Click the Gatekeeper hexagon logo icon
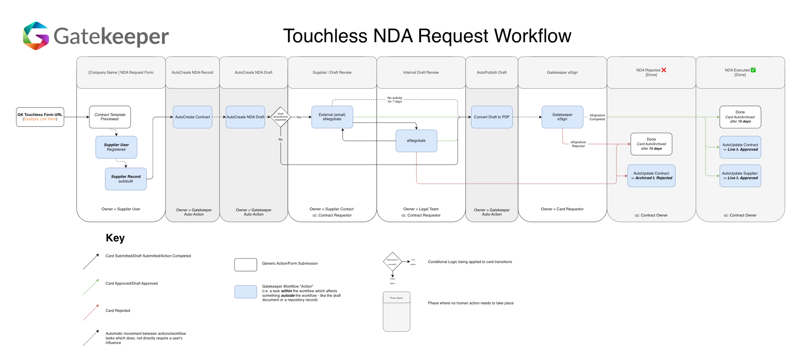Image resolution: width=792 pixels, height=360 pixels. pyautogui.click(x=36, y=36)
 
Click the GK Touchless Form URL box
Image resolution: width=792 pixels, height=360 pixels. pyautogui.click(x=40, y=117)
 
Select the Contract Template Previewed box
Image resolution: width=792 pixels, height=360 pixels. pyautogui.click(x=110, y=117)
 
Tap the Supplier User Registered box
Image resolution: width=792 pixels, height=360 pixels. pyautogui.click(x=116, y=147)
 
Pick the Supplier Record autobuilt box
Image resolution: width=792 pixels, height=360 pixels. pyautogui.click(x=125, y=179)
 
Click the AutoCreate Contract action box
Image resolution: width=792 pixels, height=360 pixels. pyautogui.click(x=193, y=117)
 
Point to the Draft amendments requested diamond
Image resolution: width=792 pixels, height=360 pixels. pyautogui.click(x=281, y=117)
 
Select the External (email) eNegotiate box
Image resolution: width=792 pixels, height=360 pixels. pyautogui.click(x=332, y=117)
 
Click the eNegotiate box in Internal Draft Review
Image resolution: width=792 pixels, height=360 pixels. pyautogui.click(x=416, y=141)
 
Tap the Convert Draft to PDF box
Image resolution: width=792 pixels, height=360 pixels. pyautogui.click(x=492, y=117)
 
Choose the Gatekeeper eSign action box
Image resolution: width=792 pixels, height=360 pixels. pyautogui.click(x=562, y=117)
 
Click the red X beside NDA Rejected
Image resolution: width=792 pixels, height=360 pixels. pyautogui.click(x=664, y=70)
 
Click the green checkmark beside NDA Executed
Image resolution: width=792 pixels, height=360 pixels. pyautogui.click(x=753, y=70)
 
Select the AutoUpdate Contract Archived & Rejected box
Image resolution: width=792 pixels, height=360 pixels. pyautogui.click(x=651, y=176)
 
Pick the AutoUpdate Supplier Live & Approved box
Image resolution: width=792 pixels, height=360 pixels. pyautogui.click(x=740, y=176)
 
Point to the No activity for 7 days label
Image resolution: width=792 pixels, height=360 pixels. pyautogui.click(x=395, y=99)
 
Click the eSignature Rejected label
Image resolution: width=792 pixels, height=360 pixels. pyautogui.click(x=578, y=144)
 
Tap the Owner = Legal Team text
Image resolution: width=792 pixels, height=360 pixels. pyautogui.click(x=421, y=209)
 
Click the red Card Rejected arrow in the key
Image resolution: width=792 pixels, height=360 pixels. pyautogui.click(x=91, y=312)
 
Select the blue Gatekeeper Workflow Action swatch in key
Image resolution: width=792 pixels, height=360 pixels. pyautogui.click(x=245, y=292)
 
